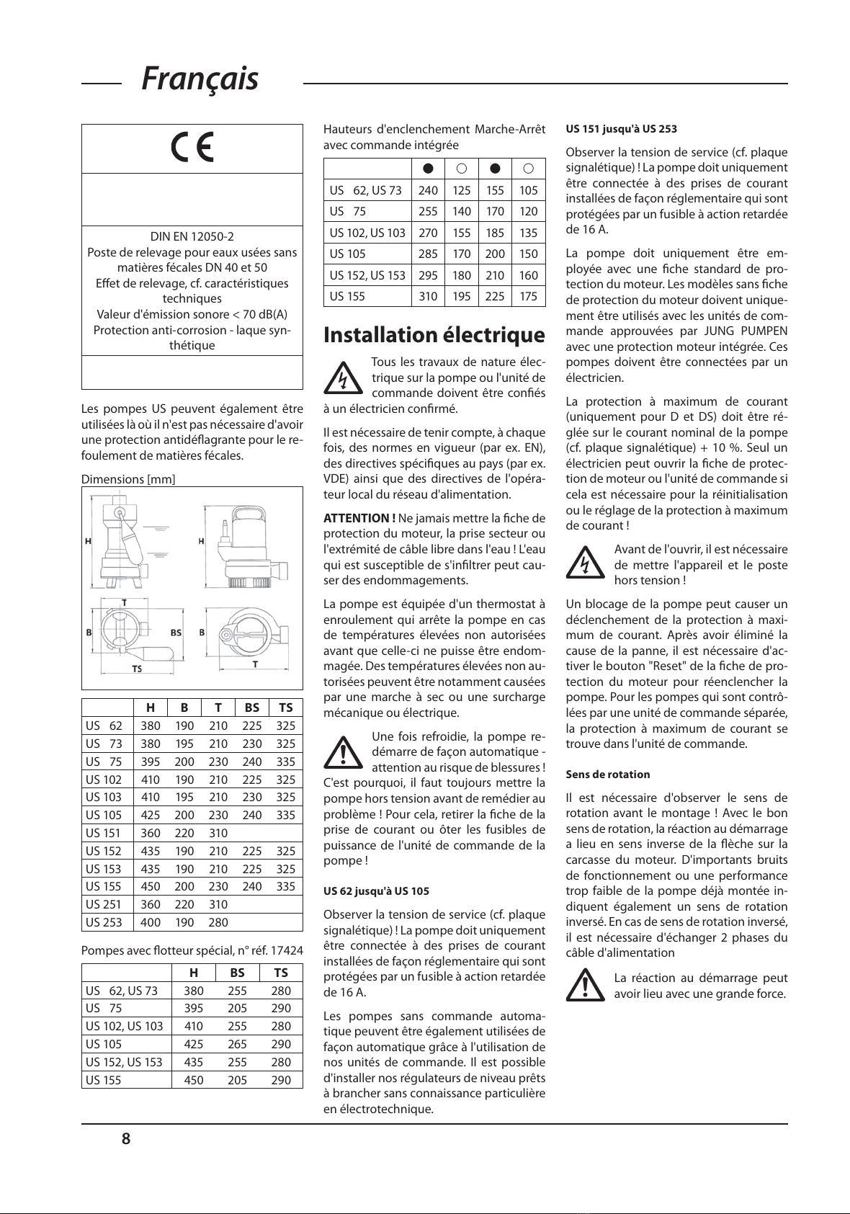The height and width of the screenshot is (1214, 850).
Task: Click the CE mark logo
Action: (x=192, y=148)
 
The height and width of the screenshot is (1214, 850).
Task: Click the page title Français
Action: (x=200, y=79)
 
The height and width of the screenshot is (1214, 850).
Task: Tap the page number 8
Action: (x=126, y=1139)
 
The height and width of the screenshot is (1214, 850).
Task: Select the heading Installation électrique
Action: (x=434, y=335)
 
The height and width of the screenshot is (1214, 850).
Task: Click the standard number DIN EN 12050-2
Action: (x=192, y=236)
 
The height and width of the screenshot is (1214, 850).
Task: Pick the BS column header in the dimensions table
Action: (x=251, y=708)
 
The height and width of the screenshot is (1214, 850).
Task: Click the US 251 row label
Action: (x=104, y=904)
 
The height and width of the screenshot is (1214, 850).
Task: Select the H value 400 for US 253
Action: (x=151, y=922)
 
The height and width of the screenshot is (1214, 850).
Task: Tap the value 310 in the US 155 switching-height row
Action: (x=428, y=296)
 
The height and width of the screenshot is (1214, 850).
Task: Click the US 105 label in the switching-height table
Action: (x=347, y=254)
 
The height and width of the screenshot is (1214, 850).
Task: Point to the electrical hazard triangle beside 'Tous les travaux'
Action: (x=343, y=378)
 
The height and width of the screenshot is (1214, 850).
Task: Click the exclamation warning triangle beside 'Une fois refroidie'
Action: (x=343, y=752)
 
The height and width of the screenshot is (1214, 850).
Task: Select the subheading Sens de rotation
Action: (x=607, y=775)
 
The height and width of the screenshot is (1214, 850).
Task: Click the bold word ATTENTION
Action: (x=359, y=518)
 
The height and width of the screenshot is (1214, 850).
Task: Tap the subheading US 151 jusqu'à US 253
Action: (x=621, y=129)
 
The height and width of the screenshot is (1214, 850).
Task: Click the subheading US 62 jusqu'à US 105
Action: (x=376, y=891)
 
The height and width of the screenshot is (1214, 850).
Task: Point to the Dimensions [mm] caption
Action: (x=128, y=479)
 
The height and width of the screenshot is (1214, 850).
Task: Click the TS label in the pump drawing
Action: (x=137, y=669)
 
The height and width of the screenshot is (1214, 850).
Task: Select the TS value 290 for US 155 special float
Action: (x=281, y=1080)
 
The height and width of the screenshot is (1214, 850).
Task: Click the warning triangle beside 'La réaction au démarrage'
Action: (x=585, y=986)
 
